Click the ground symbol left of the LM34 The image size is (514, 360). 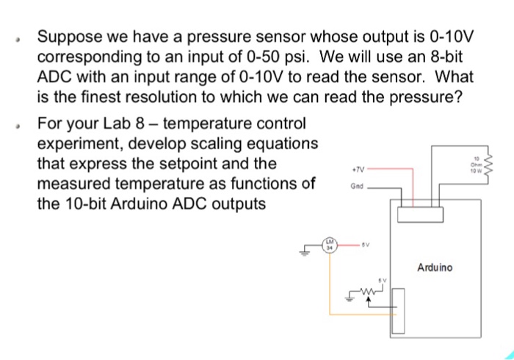pos(303,253)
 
